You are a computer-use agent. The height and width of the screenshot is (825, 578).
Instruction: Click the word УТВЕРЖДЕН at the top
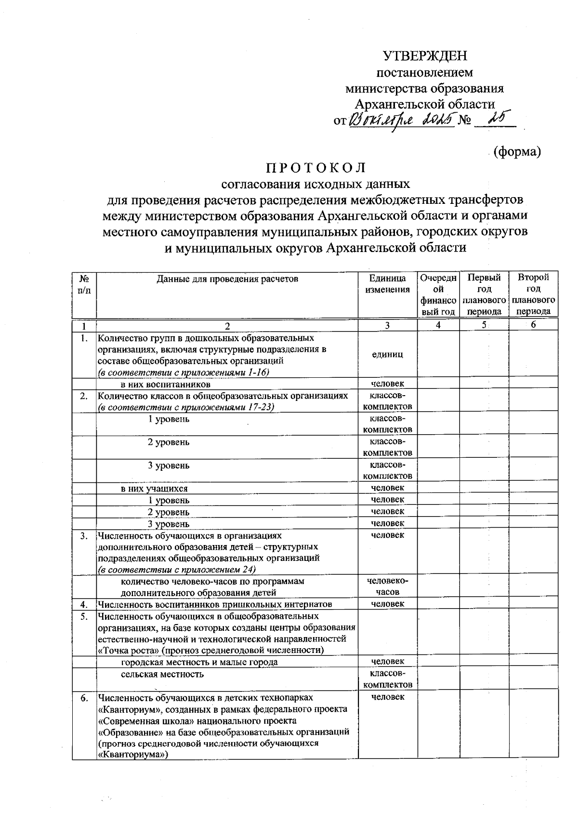point(425,56)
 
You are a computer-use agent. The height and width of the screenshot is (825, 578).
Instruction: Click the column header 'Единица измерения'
point(387,284)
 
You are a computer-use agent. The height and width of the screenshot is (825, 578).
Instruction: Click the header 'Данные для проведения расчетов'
point(227,279)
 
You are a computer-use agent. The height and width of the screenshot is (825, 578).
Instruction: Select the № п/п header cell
point(84,284)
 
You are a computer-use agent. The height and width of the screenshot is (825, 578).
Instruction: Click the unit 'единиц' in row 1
point(387,354)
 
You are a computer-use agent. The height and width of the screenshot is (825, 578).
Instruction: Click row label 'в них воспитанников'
point(165,385)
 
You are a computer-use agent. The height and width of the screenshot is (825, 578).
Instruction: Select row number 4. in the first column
point(84,604)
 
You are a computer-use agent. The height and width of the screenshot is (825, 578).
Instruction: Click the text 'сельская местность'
point(162,674)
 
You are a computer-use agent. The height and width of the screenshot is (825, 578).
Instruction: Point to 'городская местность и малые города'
point(199,662)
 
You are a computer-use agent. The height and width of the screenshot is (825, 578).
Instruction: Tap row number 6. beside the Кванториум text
point(84,697)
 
